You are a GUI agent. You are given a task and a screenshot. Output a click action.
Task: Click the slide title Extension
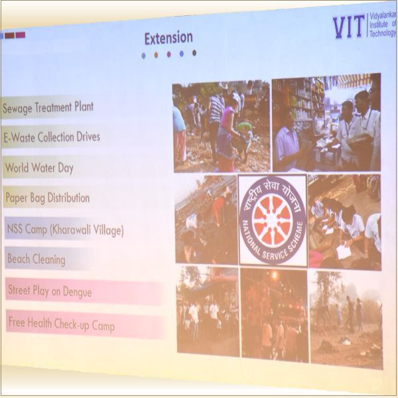pyautogui.click(x=168, y=38)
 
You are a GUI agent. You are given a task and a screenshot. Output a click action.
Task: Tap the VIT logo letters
pyautogui.click(x=348, y=27)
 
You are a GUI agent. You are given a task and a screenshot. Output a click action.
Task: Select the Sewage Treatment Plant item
pyautogui.click(x=48, y=107)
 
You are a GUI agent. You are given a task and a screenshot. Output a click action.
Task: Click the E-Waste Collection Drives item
pyautogui.click(x=52, y=137)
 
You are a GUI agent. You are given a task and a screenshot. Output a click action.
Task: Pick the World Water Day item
pyautogui.click(x=38, y=168)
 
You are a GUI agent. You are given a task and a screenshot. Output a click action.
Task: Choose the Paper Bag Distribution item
pyautogui.click(x=47, y=198)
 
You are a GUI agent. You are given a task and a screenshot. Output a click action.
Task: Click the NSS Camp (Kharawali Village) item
pyautogui.click(x=65, y=230)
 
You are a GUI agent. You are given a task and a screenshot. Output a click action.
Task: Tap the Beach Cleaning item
pyautogui.click(x=36, y=259)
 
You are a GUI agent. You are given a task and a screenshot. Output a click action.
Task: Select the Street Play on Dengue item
pyautogui.click(x=50, y=291)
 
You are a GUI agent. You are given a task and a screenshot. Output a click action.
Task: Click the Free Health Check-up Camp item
pyautogui.click(x=61, y=324)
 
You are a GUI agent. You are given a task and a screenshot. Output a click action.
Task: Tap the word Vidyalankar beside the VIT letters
pyautogui.click(x=383, y=15)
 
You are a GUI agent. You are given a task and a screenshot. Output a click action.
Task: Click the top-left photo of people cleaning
pyautogui.click(x=221, y=126)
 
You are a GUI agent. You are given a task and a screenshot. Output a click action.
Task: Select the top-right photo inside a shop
pyautogui.click(x=326, y=122)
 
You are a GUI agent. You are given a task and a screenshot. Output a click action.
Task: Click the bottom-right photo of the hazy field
pyautogui.click(x=346, y=318)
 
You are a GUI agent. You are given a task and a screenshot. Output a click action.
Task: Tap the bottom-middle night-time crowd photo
pyautogui.click(x=274, y=314)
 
